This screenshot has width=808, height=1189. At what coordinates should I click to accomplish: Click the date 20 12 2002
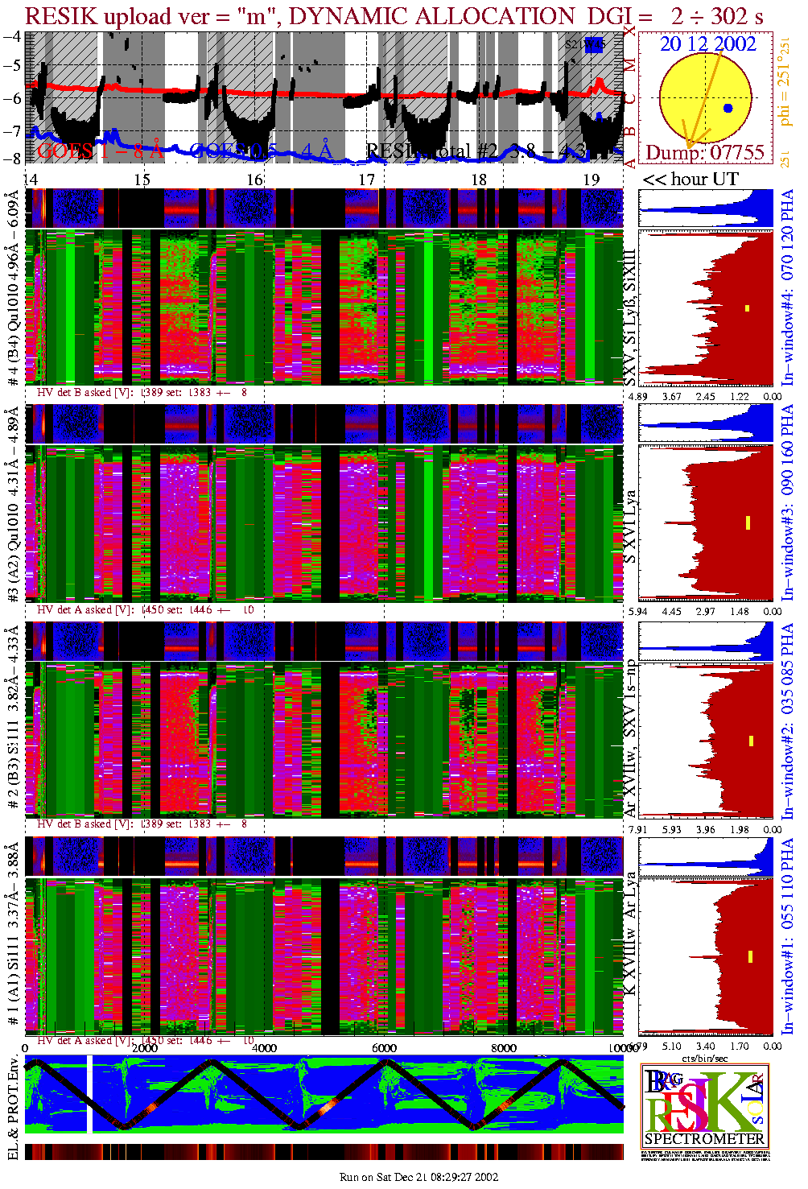707,44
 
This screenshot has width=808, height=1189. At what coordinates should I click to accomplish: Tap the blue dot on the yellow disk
728,108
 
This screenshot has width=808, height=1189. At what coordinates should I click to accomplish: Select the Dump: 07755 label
705,153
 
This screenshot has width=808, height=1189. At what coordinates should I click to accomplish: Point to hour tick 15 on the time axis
142,180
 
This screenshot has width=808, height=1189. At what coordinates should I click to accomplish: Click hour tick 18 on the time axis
479,180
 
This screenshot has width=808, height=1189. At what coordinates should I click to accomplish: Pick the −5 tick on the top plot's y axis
12,66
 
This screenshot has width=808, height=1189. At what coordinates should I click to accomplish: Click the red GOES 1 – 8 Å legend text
101,151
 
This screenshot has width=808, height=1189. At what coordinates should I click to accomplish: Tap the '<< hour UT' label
690,180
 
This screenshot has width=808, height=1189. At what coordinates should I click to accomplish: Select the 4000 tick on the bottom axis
264,1048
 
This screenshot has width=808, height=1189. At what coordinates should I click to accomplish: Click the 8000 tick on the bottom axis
504,1048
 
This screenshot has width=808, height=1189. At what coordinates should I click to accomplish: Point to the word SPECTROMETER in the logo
704,1139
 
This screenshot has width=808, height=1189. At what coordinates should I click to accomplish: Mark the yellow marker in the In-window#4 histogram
747,308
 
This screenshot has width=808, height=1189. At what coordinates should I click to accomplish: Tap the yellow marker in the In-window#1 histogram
750,956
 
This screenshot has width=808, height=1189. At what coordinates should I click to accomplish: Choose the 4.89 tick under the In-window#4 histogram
637,396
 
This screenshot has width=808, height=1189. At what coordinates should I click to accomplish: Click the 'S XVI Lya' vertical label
631,527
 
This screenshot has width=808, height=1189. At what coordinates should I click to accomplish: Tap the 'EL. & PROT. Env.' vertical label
13,1108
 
